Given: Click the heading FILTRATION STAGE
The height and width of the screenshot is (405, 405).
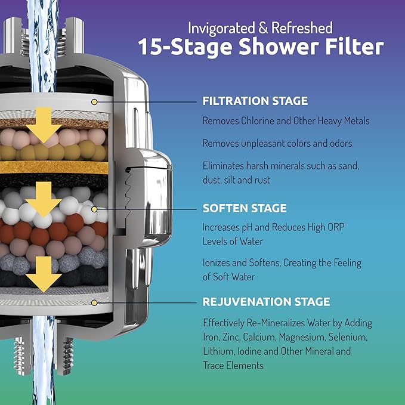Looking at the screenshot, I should point(255,101).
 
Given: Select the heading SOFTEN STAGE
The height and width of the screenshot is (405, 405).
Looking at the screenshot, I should point(245,208).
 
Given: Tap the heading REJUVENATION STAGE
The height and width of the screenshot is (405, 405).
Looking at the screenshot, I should point(266,301).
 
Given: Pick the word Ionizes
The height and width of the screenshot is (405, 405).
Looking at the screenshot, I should point(218,263).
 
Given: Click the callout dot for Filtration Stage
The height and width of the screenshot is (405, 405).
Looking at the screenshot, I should point(94,103).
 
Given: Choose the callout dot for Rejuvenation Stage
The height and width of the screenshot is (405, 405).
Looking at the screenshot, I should point(94,303).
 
